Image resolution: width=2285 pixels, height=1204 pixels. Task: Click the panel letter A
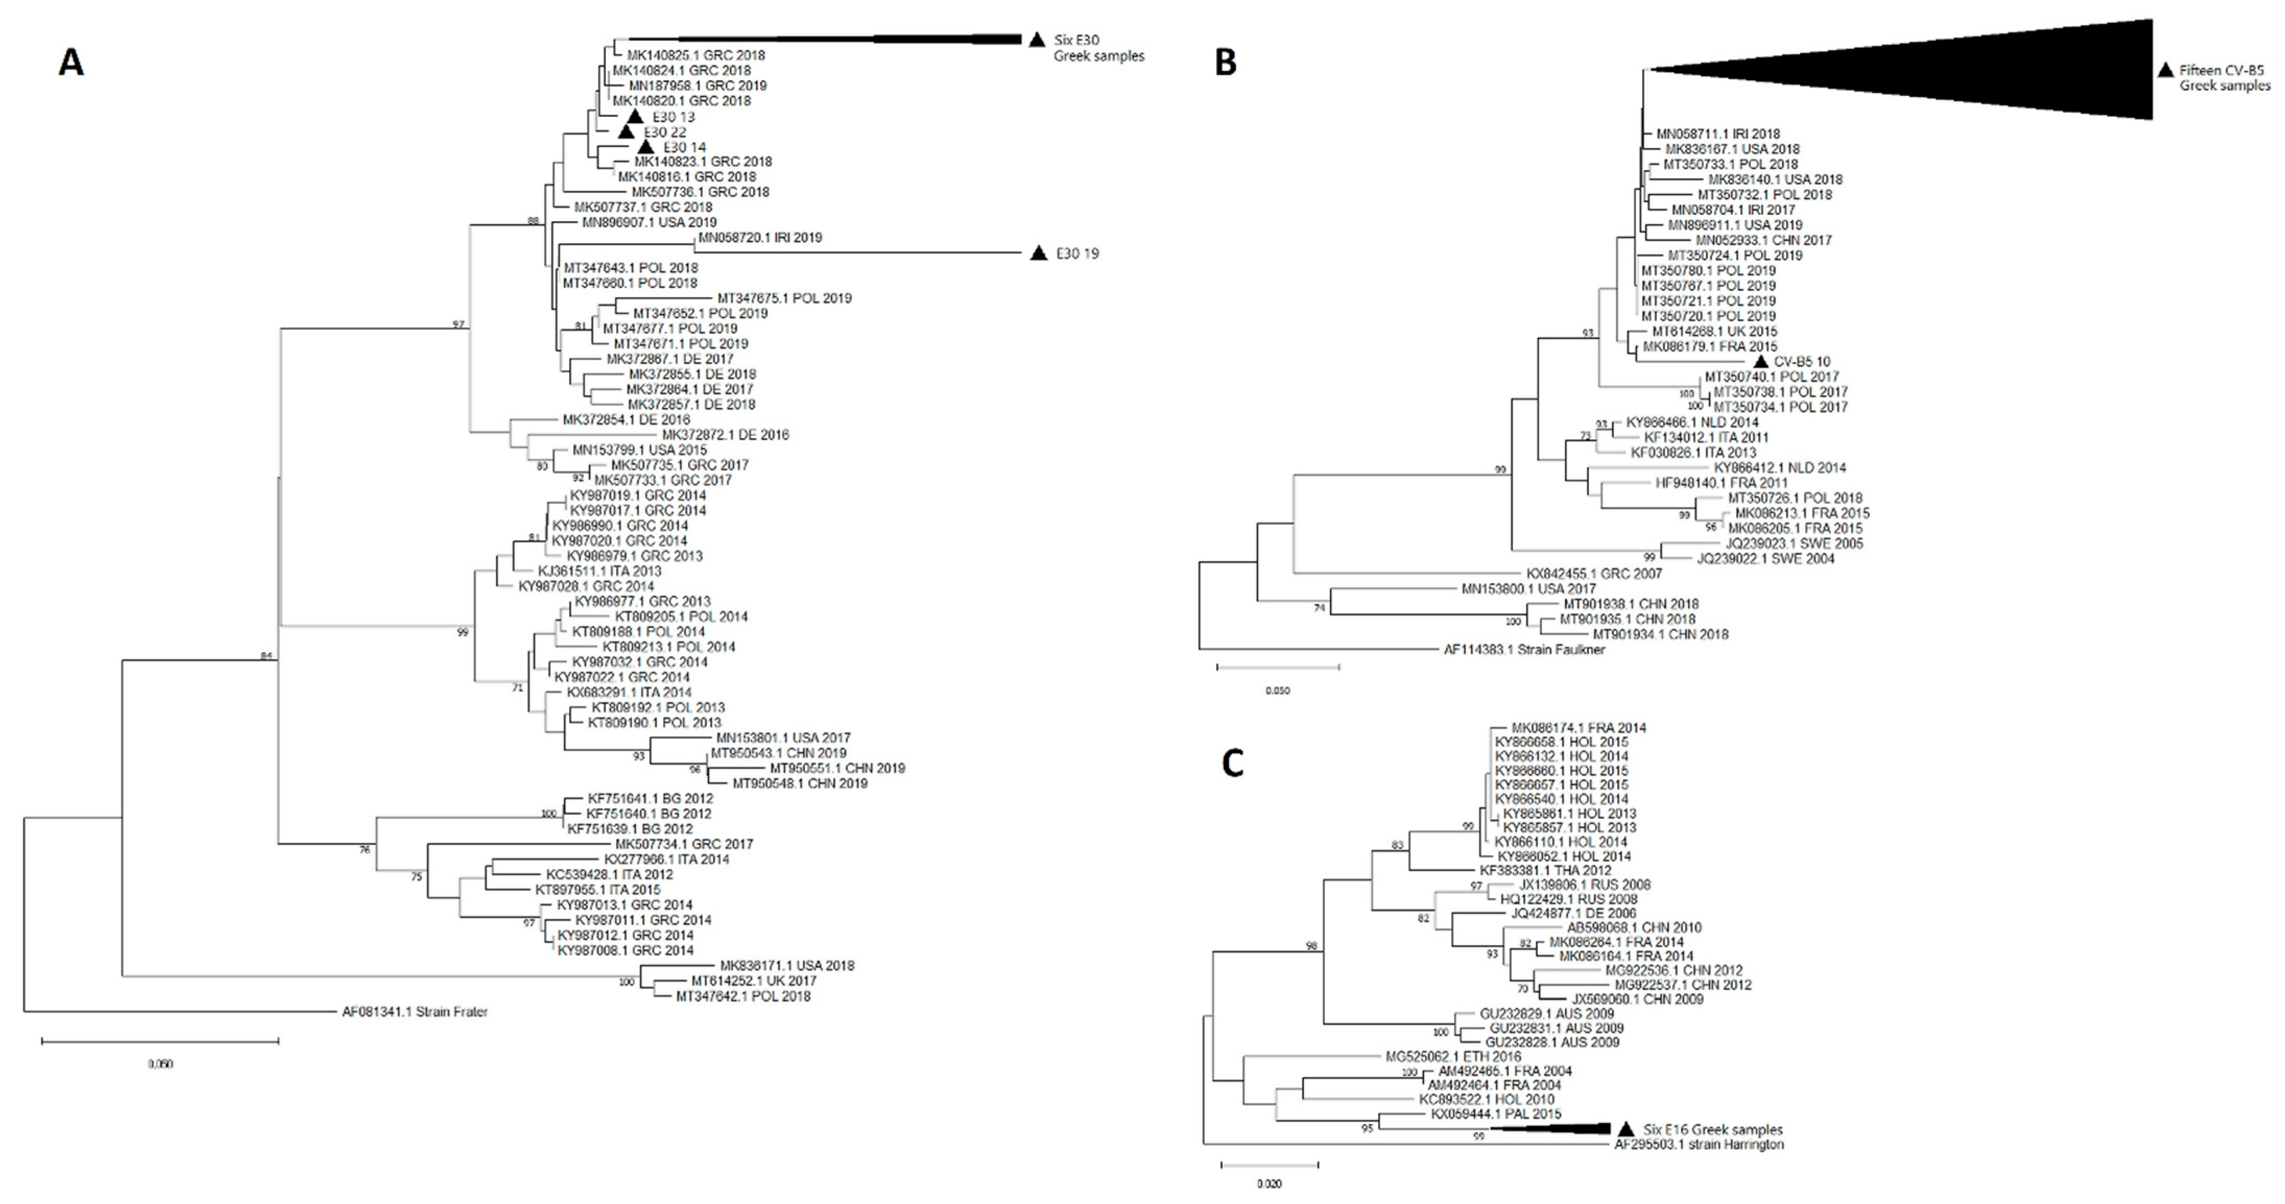(71, 63)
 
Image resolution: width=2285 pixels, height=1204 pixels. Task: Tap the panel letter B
(1225, 63)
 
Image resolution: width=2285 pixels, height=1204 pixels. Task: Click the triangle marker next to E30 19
(1038, 253)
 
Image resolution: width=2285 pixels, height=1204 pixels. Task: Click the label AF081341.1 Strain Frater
(415, 1012)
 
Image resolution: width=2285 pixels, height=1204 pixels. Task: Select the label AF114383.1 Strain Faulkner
(1524, 650)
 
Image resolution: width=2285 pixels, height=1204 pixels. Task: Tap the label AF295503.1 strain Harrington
(1698, 1145)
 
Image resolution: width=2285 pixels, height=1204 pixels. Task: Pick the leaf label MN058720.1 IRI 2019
(760, 238)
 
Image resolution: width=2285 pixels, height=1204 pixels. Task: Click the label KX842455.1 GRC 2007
(1594, 574)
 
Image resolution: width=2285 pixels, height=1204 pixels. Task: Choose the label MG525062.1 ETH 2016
(1453, 1057)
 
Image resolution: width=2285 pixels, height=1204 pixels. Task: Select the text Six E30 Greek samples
(1098, 48)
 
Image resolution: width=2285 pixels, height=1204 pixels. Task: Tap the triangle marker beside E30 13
(634, 117)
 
